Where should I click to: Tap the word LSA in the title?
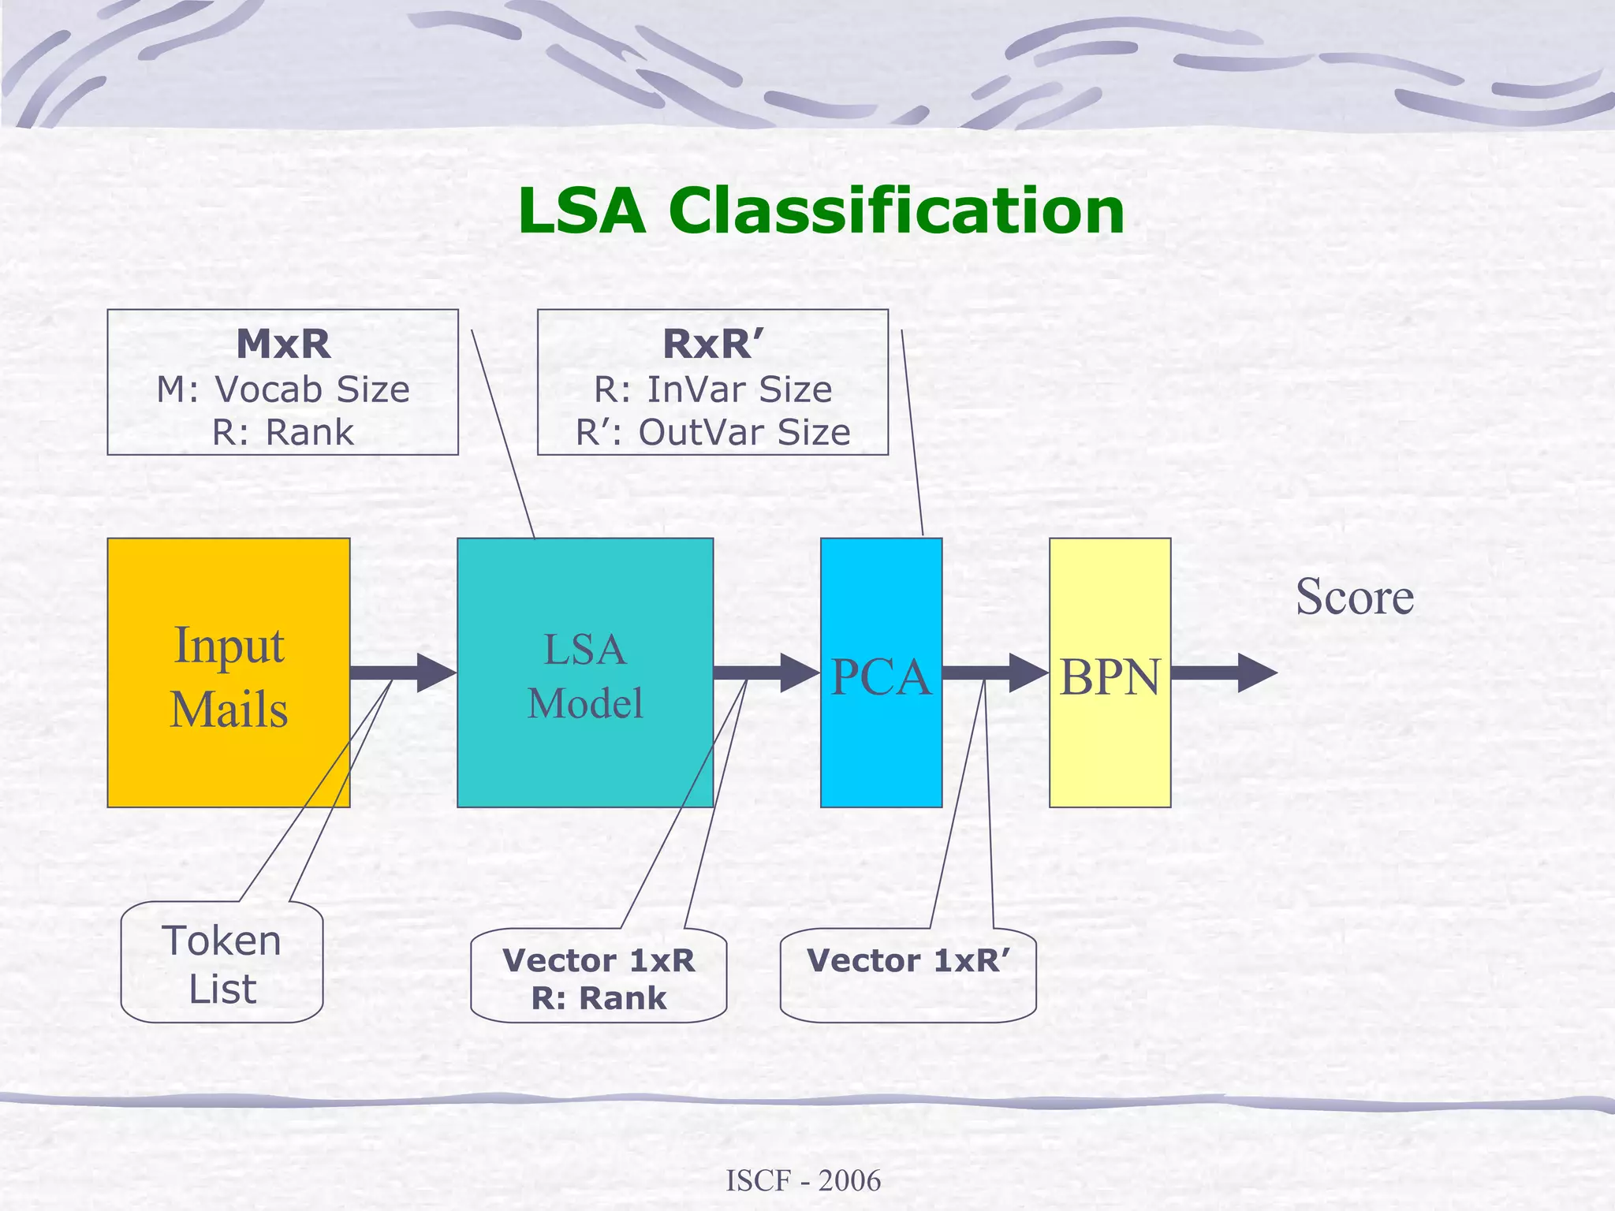click(582, 211)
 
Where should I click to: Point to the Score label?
click(1354, 597)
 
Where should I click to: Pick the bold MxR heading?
click(283, 344)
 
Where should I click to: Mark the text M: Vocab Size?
click(283, 389)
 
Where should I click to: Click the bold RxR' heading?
click(713, 344)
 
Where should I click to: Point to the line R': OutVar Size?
click(713, 432)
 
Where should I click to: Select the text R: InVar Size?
click(713, 389)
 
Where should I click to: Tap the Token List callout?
click(222, 963)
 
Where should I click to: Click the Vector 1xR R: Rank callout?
click(599, 978)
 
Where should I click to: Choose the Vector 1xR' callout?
click(908, 961)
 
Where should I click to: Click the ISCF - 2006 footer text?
click(803, 1181)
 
